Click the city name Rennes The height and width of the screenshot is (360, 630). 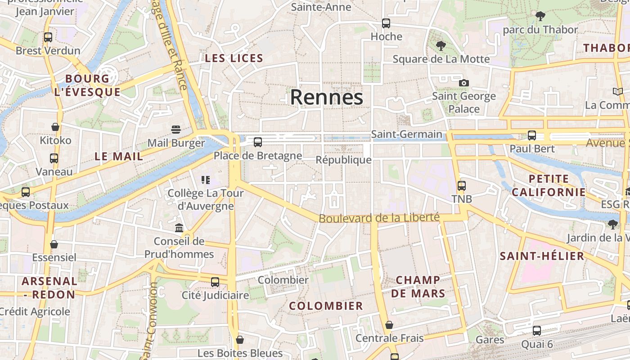326,97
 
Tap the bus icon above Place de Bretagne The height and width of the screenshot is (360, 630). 258,142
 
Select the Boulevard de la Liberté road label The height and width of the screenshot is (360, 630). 379,218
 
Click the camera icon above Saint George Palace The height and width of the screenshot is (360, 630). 464,83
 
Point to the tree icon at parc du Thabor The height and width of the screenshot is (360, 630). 540,17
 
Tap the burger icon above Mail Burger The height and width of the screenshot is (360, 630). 176,130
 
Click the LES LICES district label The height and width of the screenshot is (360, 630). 234,58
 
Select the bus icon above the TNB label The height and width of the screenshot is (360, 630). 461,185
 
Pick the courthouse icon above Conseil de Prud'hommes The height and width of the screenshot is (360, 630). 179,228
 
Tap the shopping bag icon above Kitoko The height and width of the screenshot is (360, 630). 55,127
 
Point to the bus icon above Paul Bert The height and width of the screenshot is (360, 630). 532,135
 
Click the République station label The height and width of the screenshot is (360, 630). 343,160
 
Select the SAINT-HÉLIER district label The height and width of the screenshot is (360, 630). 542,256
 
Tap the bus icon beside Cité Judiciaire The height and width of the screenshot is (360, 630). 215,282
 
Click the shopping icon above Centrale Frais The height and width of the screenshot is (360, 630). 389,325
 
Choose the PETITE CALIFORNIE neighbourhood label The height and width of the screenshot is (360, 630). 549,185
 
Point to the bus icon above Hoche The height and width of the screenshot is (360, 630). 386,23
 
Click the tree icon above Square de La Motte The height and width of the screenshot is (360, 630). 441,45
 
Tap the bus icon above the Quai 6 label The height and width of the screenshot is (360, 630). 536,331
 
